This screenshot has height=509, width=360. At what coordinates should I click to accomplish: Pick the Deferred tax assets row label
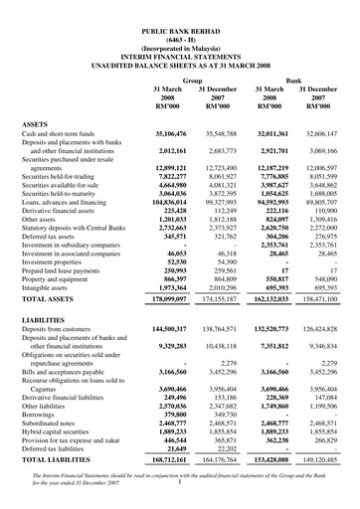click(x=53, y=237)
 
